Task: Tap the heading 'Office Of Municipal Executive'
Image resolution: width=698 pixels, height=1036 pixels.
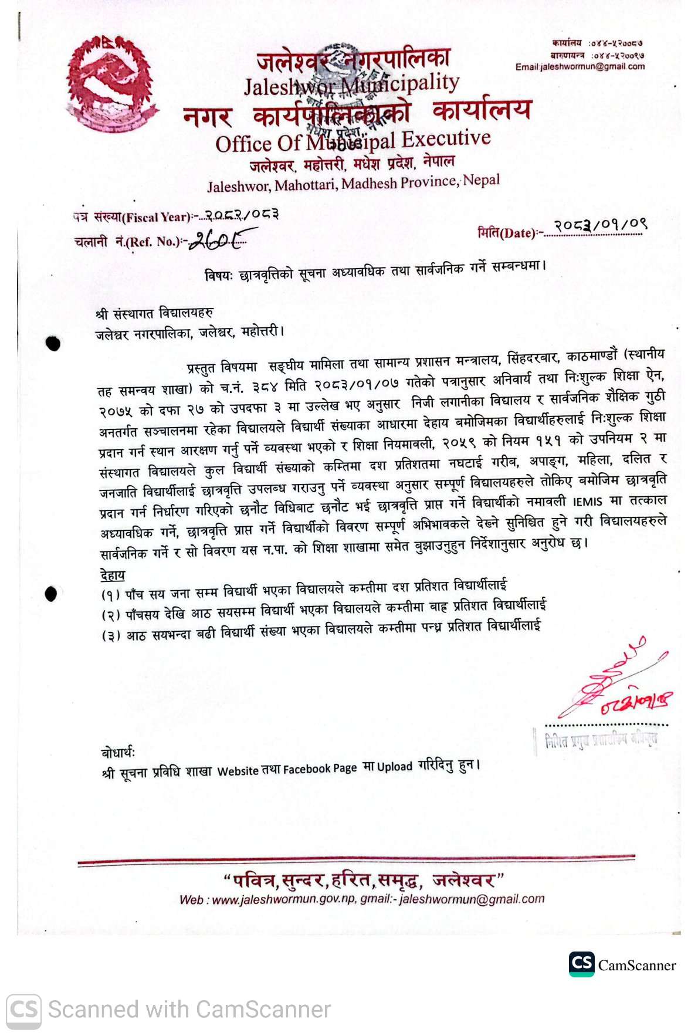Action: pos(353,141)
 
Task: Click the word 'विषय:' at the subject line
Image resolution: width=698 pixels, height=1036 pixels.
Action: pos(219,275)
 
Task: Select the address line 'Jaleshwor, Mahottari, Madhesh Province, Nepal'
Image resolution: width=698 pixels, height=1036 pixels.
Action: pos(353,183)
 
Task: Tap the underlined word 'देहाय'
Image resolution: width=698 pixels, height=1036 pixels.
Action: pos(113,574)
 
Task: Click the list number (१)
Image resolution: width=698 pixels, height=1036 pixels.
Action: pos(111,595)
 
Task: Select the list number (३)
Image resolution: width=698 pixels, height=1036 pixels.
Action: pos(111,636)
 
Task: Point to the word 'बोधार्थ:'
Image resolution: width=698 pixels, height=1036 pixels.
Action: pos(118,752)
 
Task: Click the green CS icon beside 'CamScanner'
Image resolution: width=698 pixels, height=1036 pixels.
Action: pos(581,964)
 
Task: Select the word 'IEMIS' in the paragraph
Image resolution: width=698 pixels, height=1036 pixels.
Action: pos(588,502)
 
